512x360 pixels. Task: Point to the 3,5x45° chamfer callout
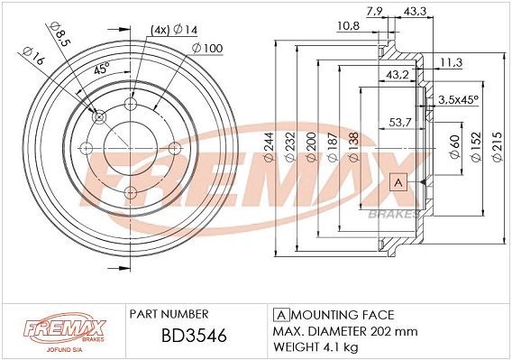(457, 99)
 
